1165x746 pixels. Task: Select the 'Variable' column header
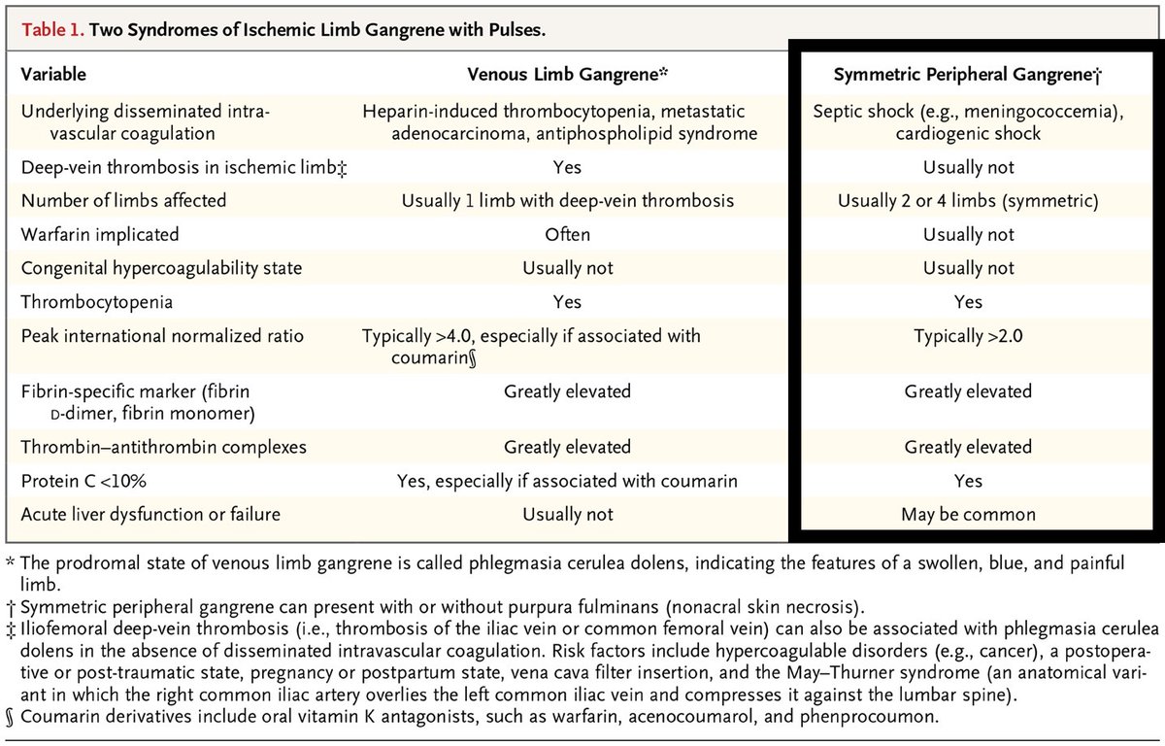[x=53, y=74]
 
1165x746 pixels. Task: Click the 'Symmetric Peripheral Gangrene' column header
[x=966, y=74]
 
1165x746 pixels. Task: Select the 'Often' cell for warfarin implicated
[x=568, y=234]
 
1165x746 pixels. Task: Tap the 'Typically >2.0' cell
[x=968, y=336]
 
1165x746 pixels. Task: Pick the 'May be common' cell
[x=968, y=514]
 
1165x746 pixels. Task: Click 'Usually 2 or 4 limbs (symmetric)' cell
[x=968, y=201]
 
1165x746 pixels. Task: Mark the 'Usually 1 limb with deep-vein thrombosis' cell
[x=568, y=201]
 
